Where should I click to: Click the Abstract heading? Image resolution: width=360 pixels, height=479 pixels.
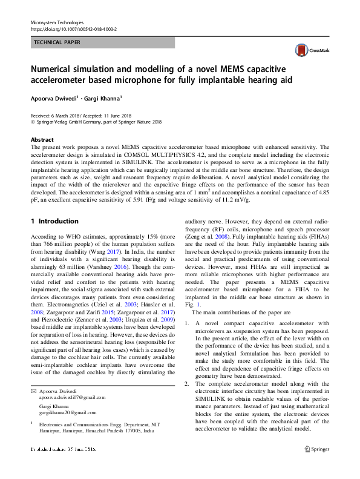click(x=42, y=139)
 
